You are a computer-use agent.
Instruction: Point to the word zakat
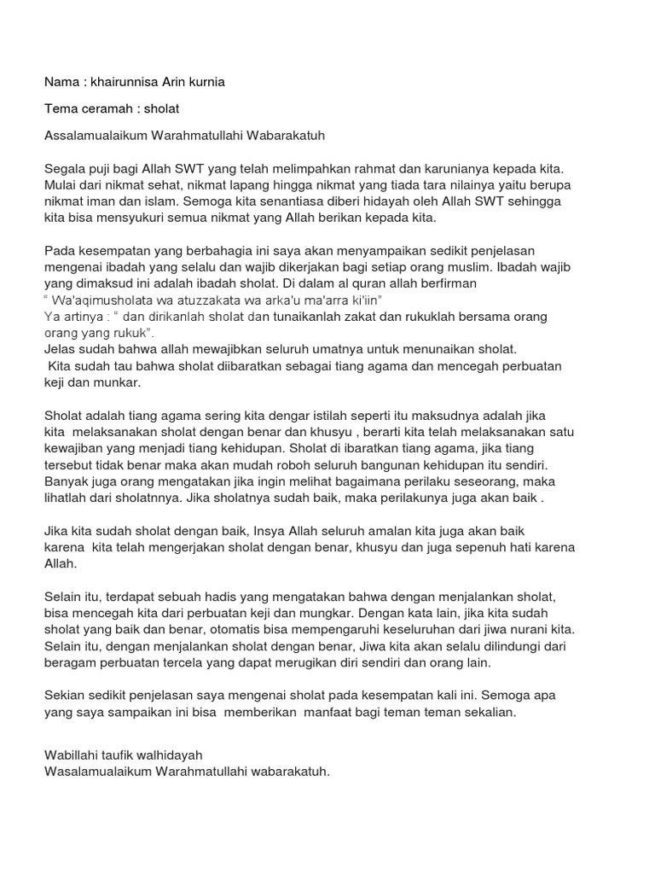click(x=383, y=317)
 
